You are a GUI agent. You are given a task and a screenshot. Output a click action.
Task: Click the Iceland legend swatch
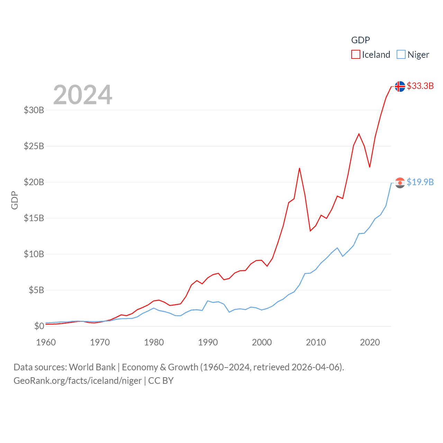click(x=356, y=55)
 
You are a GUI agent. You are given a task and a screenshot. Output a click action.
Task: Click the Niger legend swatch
click(x=401, y=55)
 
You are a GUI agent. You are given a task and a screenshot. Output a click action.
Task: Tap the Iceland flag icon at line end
click(x=400, y=86)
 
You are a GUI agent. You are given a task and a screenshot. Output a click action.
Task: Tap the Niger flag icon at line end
click(x=400, y=183)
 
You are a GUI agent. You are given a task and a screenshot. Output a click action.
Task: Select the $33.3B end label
click(x=420, y=86)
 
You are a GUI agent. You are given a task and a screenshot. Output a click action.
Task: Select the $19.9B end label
click(x=420, y=182)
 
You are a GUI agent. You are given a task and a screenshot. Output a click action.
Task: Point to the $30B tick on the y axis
click(x=34, y=110)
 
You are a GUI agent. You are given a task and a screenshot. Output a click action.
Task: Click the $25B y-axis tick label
click(x=34, y=146)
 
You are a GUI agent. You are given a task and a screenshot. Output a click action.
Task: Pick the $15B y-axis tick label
click(x=34, y=218)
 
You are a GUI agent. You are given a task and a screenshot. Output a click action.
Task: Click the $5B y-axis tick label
click(x=36, y=290)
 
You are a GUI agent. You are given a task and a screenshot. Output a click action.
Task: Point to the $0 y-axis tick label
click(x=39, y=326)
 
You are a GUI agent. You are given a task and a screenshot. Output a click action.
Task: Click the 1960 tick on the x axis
click(x=46, y=342)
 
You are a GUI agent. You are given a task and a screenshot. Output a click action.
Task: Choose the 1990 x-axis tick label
click(x=208, y=342)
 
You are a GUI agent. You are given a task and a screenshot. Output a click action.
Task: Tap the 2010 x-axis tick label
click(x=316, y=342)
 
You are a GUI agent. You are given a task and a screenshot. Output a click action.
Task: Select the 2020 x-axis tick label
click(x=370, y=342)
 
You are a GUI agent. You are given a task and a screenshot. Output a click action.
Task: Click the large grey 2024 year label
click(x=83, y=95)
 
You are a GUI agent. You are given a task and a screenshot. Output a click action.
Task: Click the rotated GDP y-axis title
click(x=15, y=200)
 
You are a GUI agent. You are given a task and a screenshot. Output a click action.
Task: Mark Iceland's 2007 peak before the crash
click(x=299, y=169)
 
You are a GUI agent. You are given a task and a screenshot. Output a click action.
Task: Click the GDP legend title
click(x=360, y=40)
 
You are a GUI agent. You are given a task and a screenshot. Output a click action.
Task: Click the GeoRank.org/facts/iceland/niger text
click(x=78, y=381)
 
